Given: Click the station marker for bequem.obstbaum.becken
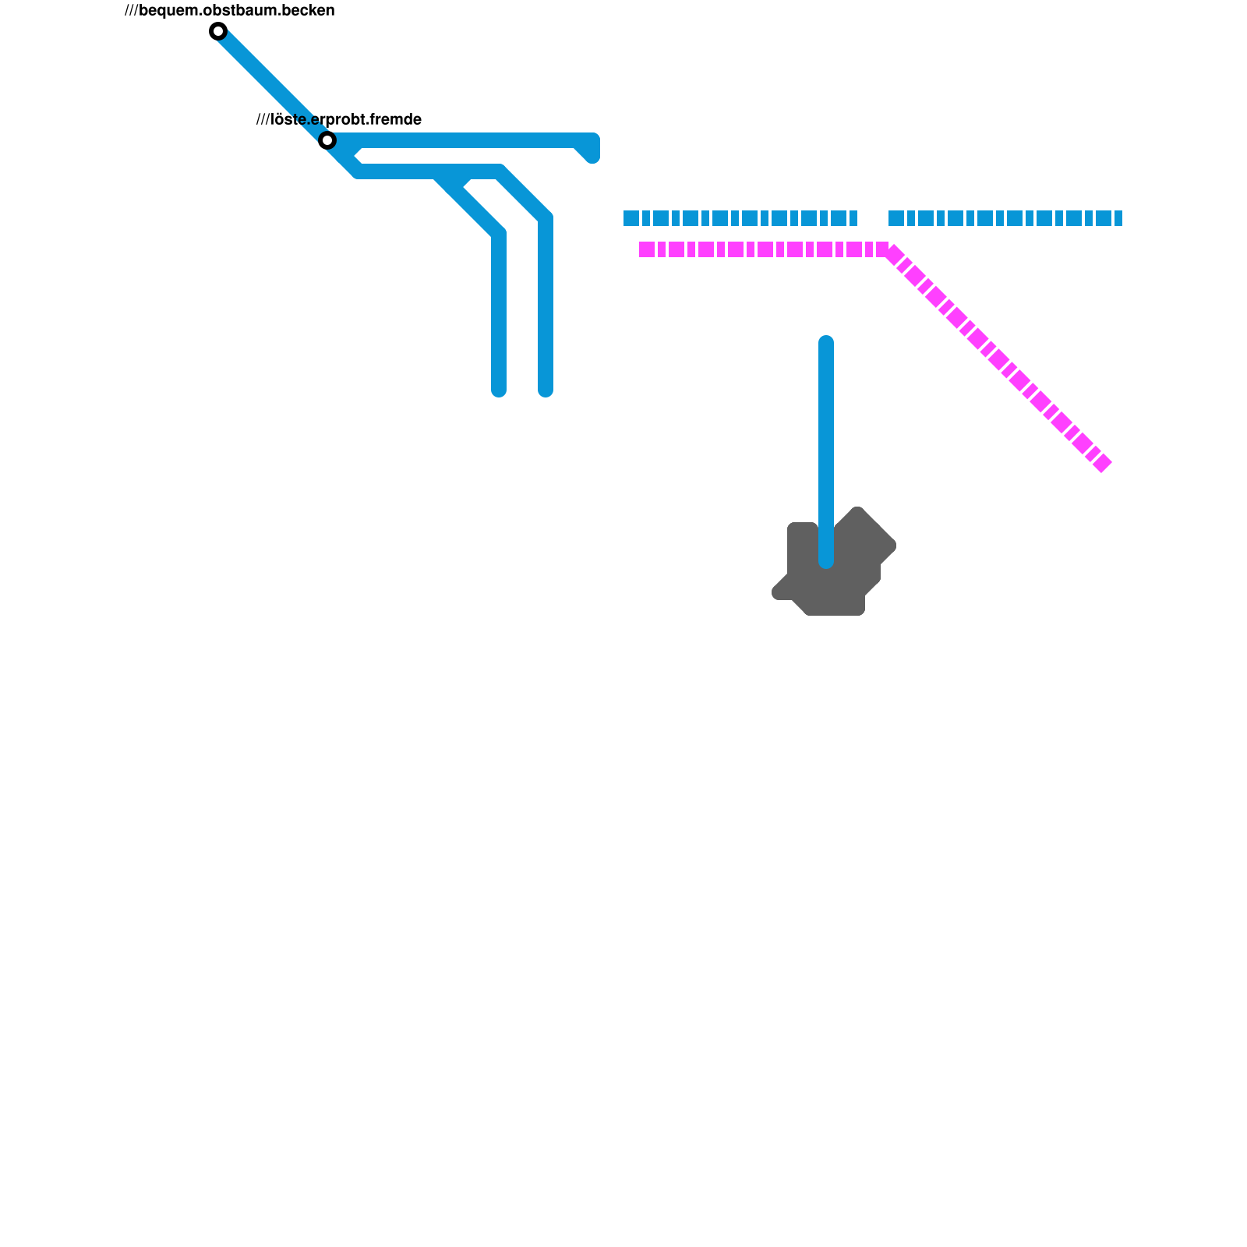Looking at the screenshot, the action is click(x=218, y=31).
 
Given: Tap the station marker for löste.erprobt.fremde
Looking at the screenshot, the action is click(x=327, y=140).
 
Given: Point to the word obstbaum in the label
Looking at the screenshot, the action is click(x=237, y=10).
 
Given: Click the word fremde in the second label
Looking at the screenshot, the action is click(x=395, y=119).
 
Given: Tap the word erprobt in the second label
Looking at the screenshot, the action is click(x=337, y=120).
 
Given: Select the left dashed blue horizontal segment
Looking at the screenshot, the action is click(x=740, y=218).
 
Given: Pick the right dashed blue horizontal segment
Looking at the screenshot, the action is click(x=1005, y=218).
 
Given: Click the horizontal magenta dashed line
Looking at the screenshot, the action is click(x=764, y=249).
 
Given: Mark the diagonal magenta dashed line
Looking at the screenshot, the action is click(x=998, y=359).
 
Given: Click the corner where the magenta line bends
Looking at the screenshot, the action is click(x=888, y=249).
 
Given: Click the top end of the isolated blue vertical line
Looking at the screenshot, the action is click(x=826, y=343).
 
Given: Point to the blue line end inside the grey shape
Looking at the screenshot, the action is click(x=826, y=561).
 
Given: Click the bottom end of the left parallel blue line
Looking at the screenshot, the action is click(x=499, y=390).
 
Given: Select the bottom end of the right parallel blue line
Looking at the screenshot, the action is click(x=546, y=390).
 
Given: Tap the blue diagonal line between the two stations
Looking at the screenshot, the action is click(x=273, y=86).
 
